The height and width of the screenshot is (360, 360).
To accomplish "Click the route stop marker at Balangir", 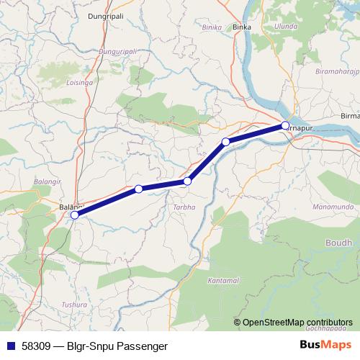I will [75, 215].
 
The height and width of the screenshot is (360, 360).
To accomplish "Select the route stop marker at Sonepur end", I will [285, 126].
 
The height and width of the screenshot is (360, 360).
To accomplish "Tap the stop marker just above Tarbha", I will [187, 181].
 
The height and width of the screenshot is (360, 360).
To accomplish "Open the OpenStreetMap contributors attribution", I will [297, 322].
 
